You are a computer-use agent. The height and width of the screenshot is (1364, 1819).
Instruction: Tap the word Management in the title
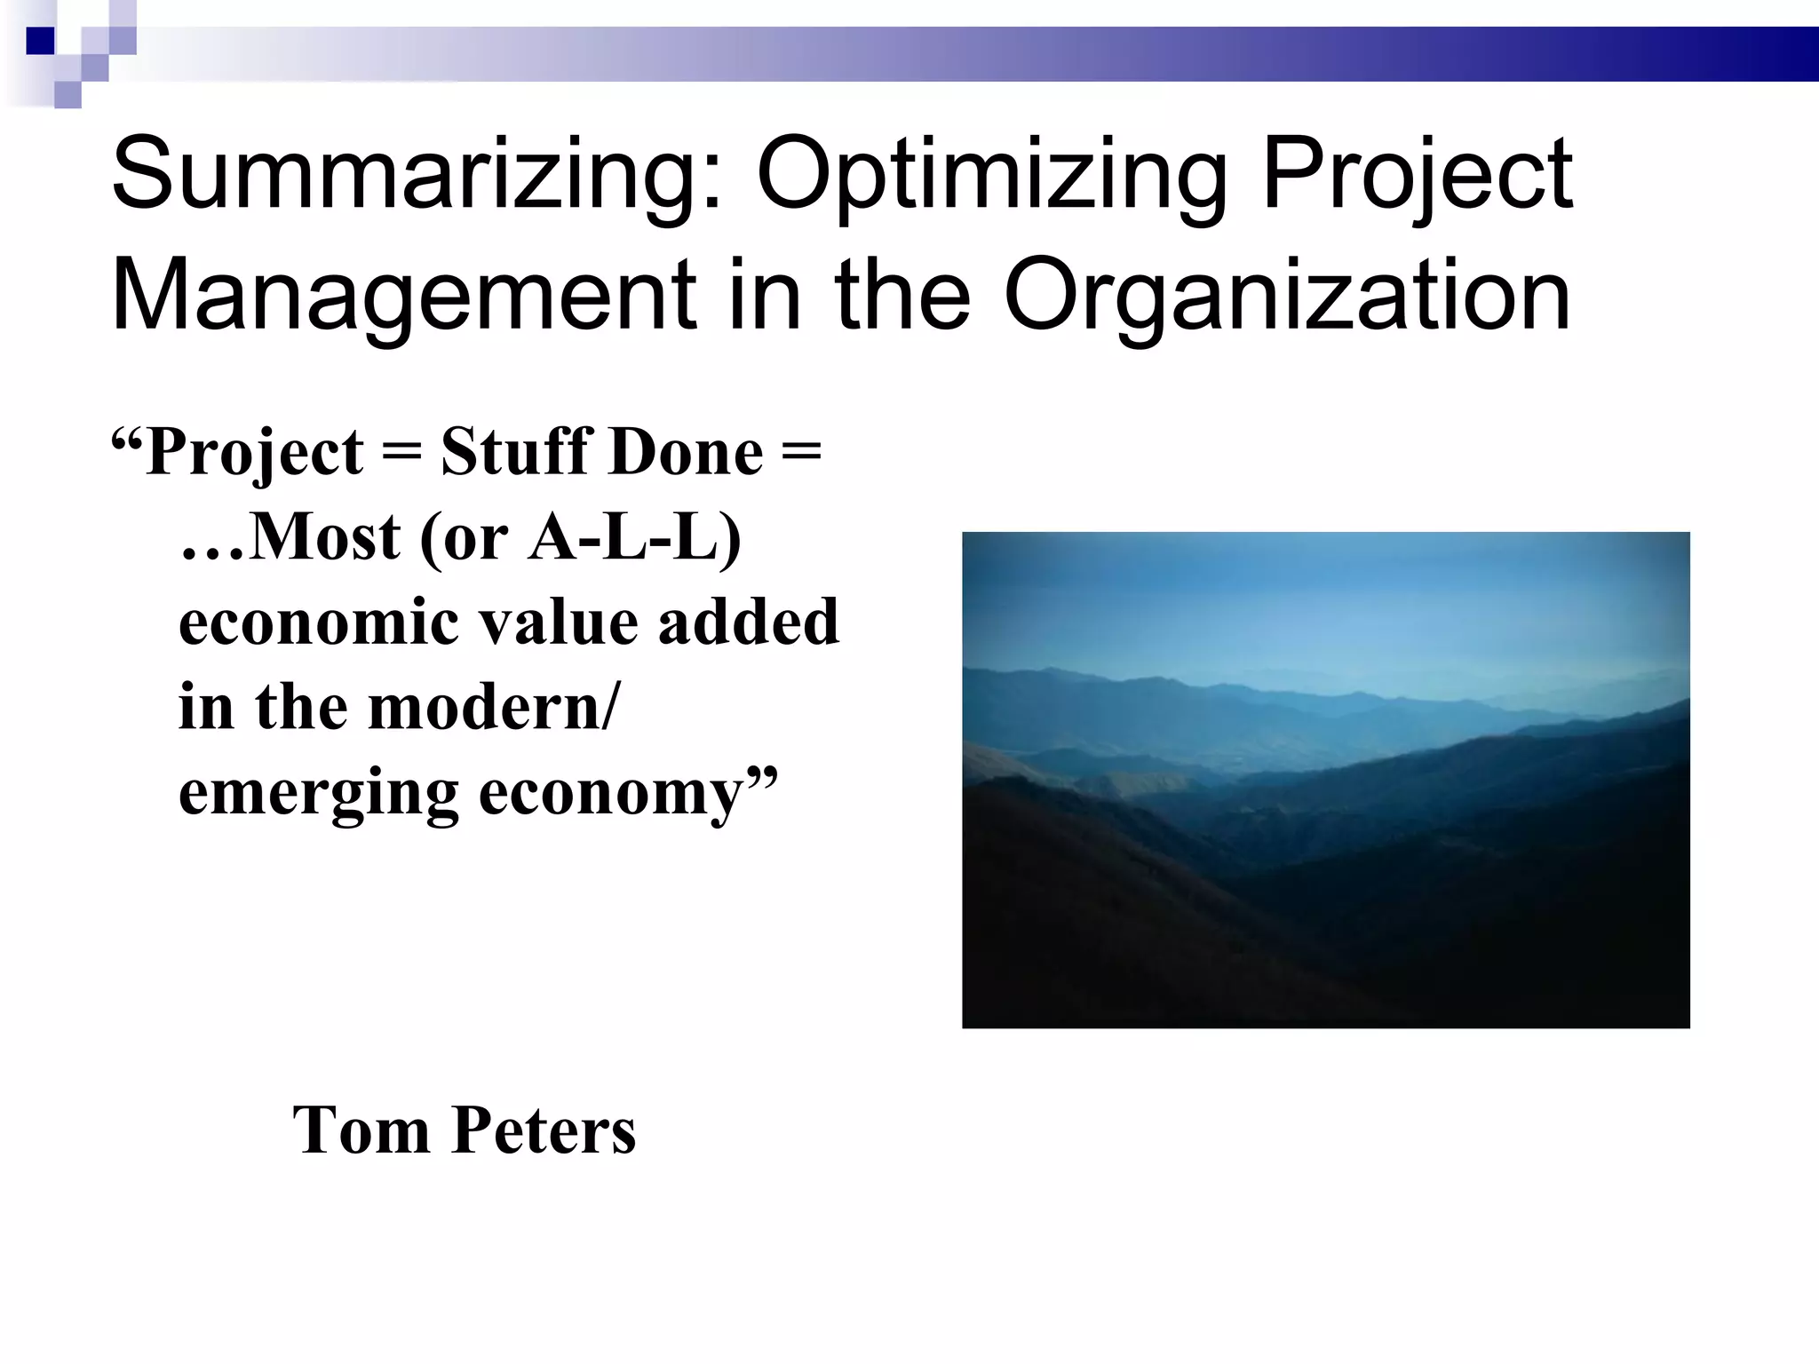405,297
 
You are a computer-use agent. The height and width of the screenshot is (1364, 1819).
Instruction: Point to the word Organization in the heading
1287,297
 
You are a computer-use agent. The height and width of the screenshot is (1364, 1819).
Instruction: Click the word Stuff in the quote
512,452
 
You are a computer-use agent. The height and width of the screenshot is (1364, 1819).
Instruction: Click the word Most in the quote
325,537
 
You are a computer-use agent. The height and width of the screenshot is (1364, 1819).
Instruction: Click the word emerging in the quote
319,794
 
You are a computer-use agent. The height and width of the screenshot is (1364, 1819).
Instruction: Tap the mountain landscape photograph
1325,780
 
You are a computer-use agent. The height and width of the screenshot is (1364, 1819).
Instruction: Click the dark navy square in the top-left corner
40,41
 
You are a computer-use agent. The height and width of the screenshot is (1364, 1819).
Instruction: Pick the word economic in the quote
319,622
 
